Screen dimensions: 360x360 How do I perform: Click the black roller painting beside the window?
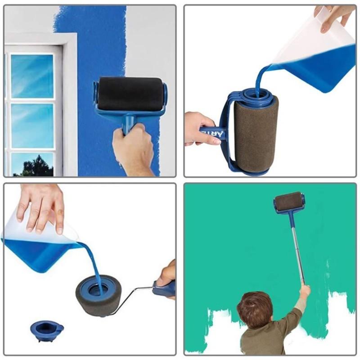click(130, 94)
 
